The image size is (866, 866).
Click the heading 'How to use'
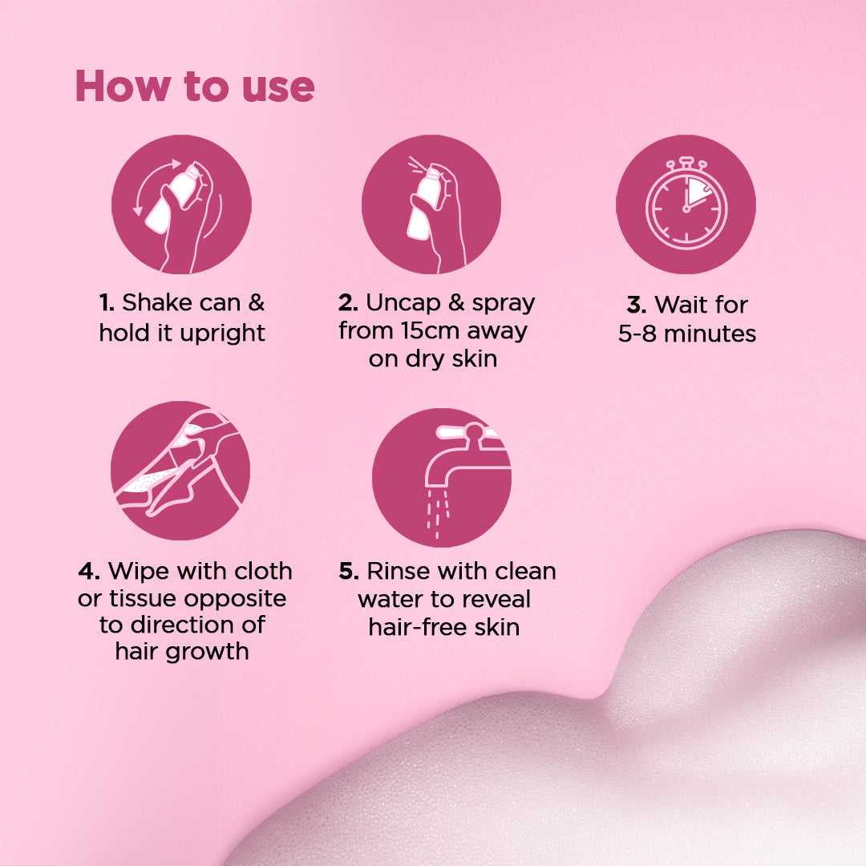(x=195, y=87)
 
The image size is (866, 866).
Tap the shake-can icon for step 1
(x=182, y=204)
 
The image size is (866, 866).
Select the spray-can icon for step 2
(x=431, y=204)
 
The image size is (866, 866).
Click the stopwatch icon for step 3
(x=686, y=204)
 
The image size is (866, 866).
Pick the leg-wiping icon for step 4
(x=180, y=471)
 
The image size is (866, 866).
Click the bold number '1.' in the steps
(x=107, y=303)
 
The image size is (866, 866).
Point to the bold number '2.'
(x=348, y=303)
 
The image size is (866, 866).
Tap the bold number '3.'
(x=637, y=306)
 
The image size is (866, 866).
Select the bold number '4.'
(x=89, y=571)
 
